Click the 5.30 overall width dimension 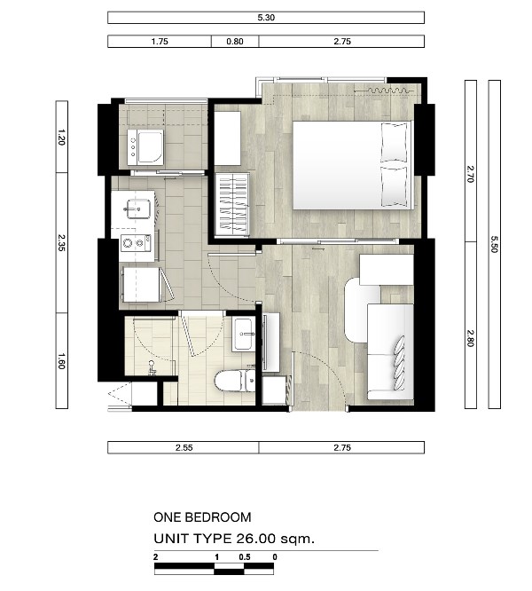pos(266,18)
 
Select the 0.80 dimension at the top pos(235,42)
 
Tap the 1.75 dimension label pos(160,42)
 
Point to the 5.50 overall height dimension pos(495,244)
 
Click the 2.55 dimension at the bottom pos(184,447)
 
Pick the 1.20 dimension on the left pos(62,137)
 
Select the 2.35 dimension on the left pos(62,243)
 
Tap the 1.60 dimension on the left pos(62,360)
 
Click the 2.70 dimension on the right pos(470,174)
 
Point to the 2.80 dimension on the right pos(470,338)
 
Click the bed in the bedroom pos(353,165)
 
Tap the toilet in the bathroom pos(235,381)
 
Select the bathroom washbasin pos(244,335)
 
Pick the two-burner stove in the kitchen pos(136,243)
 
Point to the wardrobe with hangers pos(232,204)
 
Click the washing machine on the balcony pos(145,147)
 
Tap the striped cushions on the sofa pos(400,363)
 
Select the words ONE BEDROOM pos(202,517)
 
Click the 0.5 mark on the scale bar pos(245,557)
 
